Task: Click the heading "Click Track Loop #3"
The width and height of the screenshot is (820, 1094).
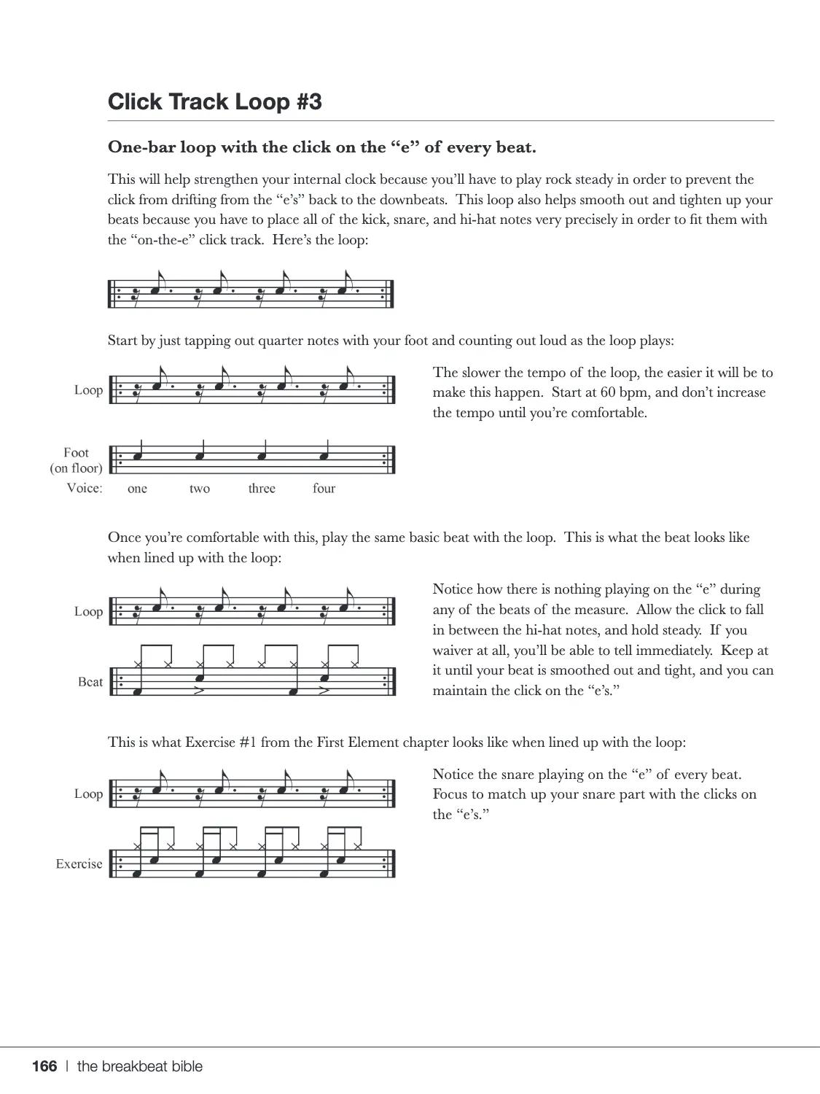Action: click(x=215, y=101)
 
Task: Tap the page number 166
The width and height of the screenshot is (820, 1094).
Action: click(x=44, y=1066)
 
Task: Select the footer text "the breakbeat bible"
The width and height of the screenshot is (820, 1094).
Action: click(x=140, y=1066)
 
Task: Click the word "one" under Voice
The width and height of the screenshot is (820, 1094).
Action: click(x=137, y=489)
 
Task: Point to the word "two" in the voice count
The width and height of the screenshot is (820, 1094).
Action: click(x=200, y=489)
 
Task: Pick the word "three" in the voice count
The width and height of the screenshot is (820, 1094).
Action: click(x=262, y=489)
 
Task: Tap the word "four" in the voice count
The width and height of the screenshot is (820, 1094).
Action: click(x=324, y=489)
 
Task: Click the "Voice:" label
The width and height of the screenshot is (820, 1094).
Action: click(x=85, y=488)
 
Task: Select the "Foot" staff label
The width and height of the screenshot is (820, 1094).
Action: click(x=76, y=452)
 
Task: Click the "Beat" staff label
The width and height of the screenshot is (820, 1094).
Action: click(x=90, y=682)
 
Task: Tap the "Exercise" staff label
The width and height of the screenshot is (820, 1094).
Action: click(x=79, y=864)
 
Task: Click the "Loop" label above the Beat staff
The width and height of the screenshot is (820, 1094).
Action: click(x=88, y=611)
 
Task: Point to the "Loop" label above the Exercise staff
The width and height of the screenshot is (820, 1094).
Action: click(x=88, y=794)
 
